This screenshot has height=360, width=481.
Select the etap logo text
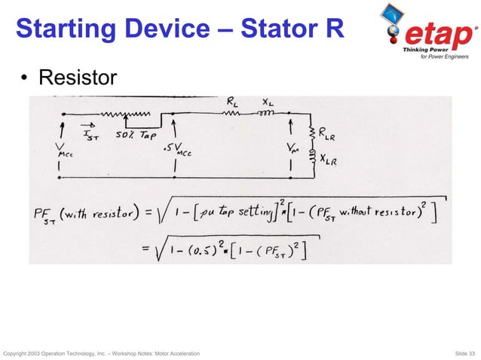[x=442, y=35]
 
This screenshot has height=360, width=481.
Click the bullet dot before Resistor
[x=25, y=78]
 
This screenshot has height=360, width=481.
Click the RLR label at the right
[x=327, y=135]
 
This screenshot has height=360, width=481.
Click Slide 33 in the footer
[x=461, y=353]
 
